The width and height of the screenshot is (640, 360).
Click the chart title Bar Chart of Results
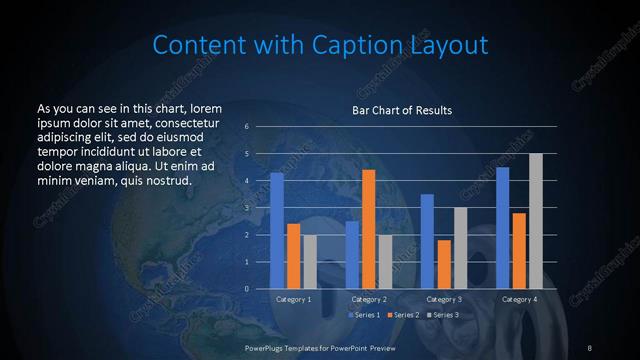click(401, 109)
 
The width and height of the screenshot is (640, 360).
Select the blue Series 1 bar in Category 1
click(277, 231)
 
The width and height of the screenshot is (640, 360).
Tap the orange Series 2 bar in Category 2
click(368, 229)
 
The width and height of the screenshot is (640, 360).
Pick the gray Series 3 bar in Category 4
click(536, 221)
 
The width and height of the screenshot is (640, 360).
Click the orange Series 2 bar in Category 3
click(444, 264)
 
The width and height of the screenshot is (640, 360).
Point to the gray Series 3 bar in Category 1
click(310, 262)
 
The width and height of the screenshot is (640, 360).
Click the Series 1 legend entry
click(364, 315)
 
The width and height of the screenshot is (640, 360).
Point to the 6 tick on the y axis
click(246, 127)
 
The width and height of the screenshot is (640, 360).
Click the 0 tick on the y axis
click(246, 289)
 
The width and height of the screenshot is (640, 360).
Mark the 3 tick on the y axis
click(246, 208)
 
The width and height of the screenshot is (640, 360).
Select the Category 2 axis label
click(369, 299)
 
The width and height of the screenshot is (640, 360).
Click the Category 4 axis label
click(519, 299)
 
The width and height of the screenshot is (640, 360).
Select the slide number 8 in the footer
click(589, 346)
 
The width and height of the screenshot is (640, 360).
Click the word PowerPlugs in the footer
click(268, 346)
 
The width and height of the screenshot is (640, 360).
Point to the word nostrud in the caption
click(165, 181)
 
